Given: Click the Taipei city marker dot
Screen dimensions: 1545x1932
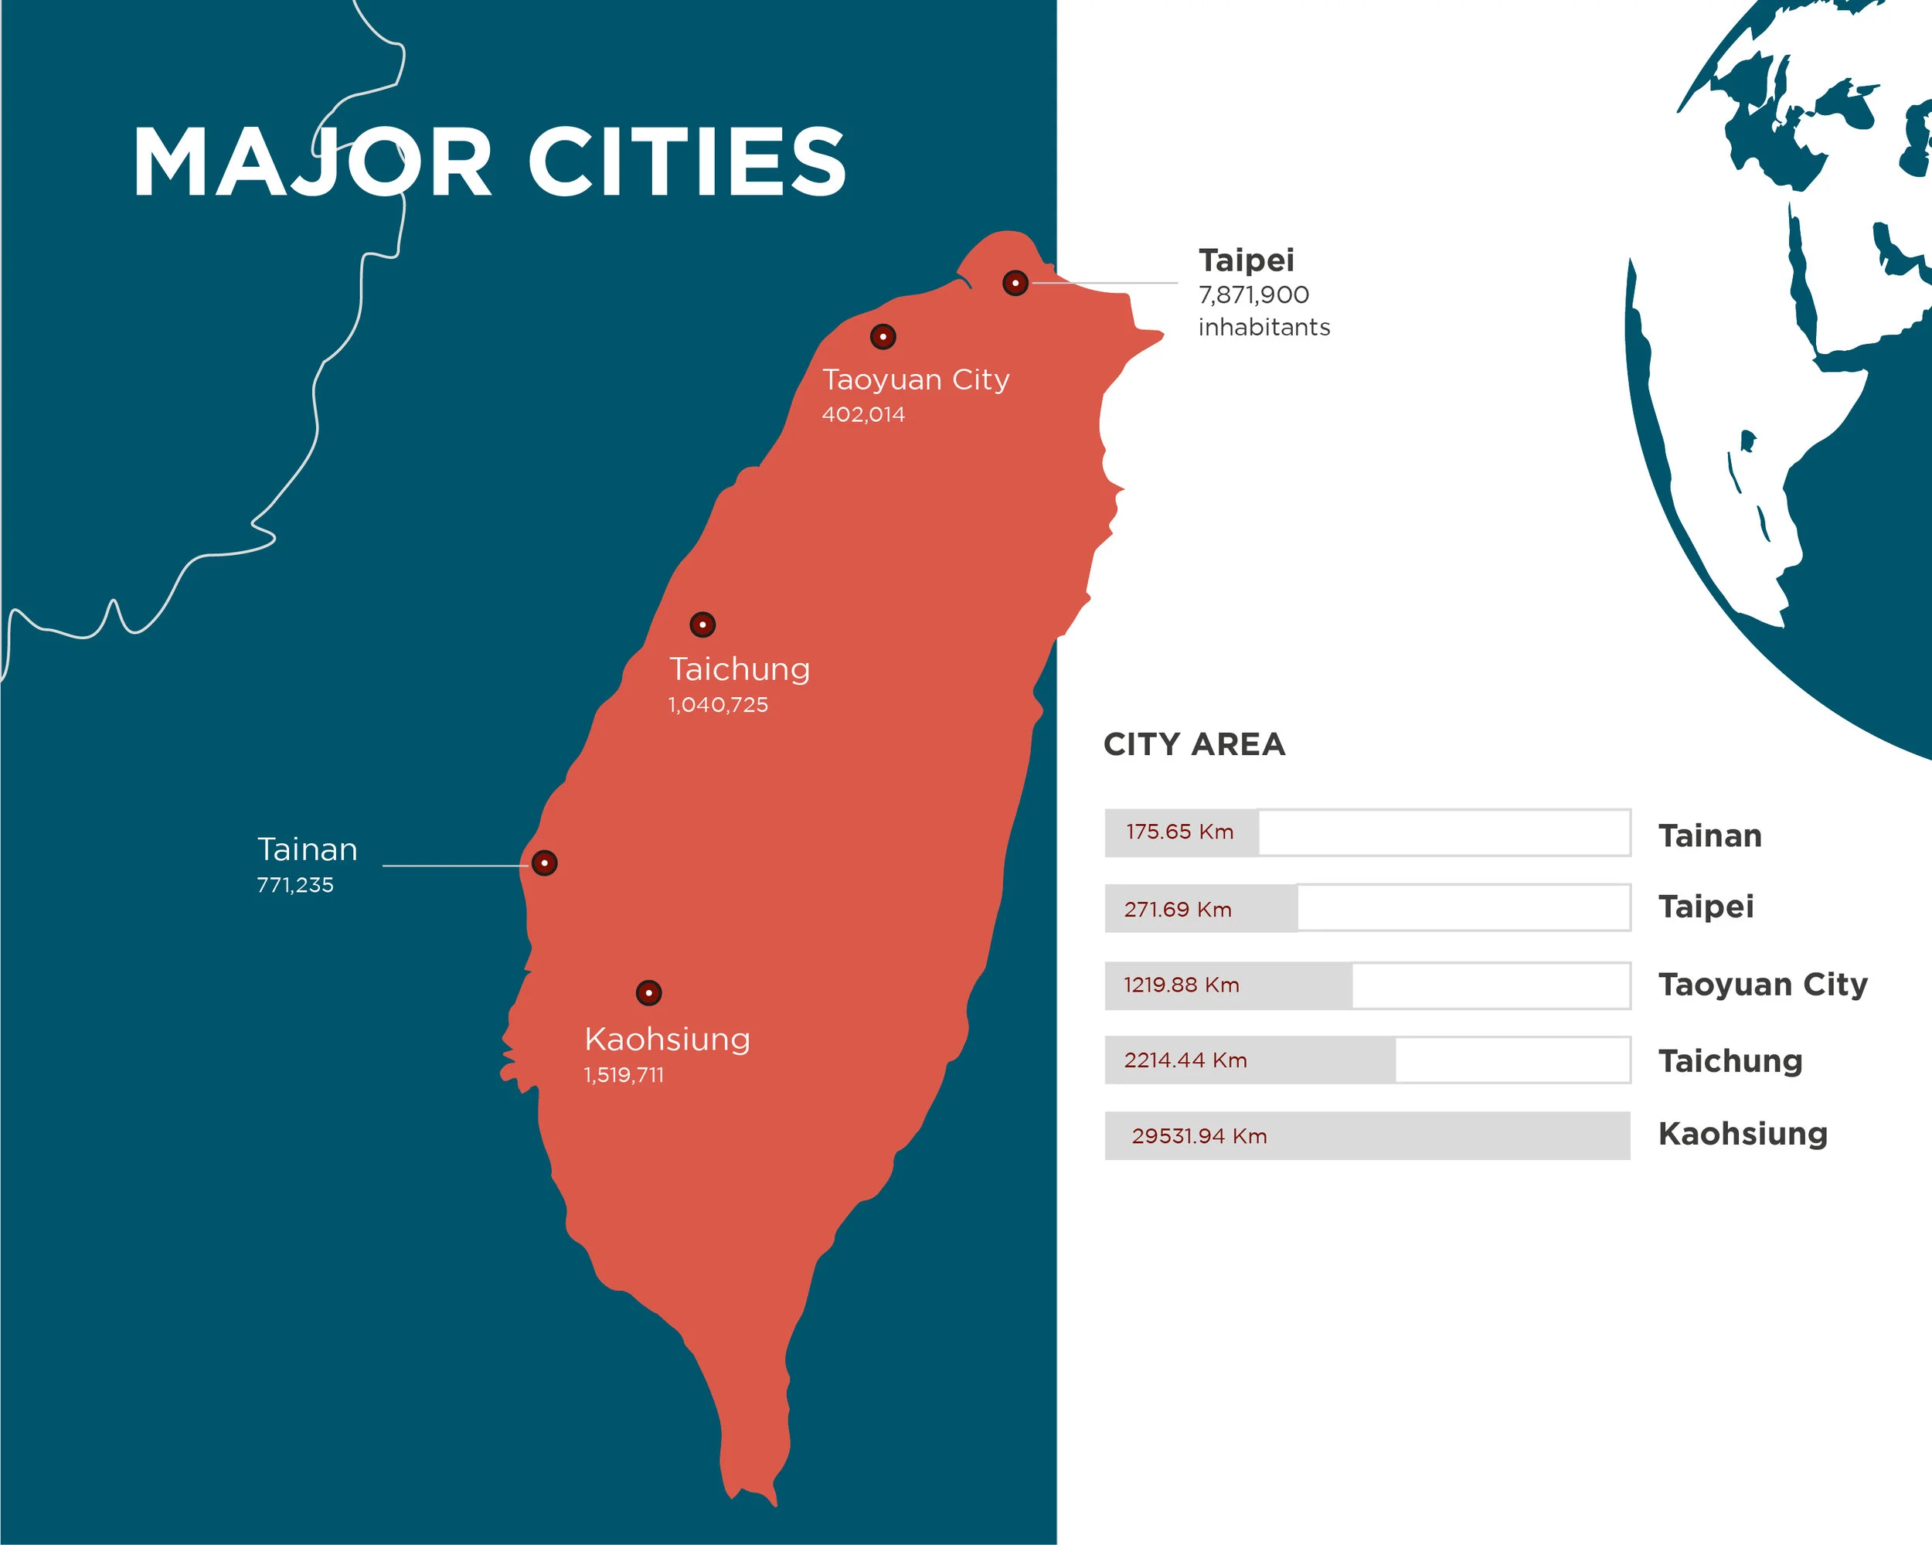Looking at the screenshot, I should (x=1015, y=283).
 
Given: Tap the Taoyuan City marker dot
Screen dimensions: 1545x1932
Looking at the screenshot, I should (x=883, y=337).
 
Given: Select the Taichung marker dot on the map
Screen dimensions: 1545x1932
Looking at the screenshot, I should (x=702, y=624).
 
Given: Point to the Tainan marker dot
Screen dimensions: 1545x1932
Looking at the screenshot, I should (x=544, y=863).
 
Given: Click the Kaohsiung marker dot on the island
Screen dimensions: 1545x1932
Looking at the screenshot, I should (x=649, y=993).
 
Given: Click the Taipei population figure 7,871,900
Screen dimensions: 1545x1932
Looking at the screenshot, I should (x=1253, y=294).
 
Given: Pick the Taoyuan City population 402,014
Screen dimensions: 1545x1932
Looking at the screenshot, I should (x=863, y=415).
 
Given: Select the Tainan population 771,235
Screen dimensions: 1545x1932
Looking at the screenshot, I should (x=294, y=886).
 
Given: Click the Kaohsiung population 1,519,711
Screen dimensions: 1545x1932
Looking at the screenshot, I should (x=624, y=1074).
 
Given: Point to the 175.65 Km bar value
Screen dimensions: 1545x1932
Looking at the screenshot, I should (x=1179, y=832).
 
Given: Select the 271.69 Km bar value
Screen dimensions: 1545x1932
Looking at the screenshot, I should (x=1178, y=910).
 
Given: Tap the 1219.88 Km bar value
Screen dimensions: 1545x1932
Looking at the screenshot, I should (x=1181, y=985).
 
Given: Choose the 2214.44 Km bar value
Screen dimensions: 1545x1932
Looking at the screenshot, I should (x=1185, y=1060).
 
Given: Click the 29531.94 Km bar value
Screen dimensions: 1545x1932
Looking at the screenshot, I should (x=1199, y=1136).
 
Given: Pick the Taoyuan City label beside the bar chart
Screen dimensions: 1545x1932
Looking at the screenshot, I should (x=1763, y=985).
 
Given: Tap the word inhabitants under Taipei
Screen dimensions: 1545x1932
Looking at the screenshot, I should (x=1264, y=328).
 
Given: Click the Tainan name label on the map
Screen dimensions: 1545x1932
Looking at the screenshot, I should (x=308, y=849).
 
